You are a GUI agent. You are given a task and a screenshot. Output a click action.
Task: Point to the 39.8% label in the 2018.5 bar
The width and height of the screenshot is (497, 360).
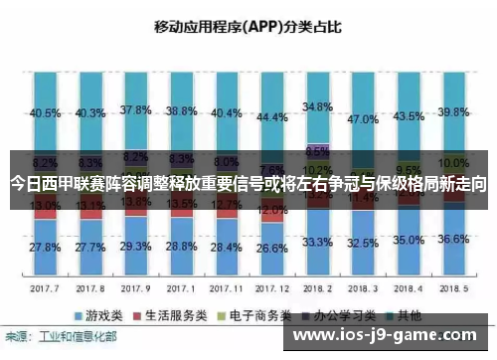[x=454, y=112]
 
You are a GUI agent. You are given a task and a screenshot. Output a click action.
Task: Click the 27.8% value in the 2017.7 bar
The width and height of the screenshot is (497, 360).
[x=44, y=247]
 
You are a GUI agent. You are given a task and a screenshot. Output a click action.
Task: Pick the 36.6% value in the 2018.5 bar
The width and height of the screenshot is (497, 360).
[x=454, y=239]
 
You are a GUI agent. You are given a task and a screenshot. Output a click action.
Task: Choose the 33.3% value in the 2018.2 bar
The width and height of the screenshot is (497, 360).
[x=317, y=242]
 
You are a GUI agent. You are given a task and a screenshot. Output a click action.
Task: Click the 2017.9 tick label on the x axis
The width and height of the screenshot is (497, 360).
[x=135, y=287]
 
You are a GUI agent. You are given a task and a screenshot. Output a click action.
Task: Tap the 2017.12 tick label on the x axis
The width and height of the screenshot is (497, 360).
[x=271, y=287]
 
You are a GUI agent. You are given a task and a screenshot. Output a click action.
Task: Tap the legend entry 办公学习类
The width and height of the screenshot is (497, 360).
[x=338, y=313]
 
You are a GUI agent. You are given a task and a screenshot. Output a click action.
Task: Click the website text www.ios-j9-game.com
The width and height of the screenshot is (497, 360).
[x=387, y=338]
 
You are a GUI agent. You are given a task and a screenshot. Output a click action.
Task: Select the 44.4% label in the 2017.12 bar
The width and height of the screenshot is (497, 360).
[x=271, y=117]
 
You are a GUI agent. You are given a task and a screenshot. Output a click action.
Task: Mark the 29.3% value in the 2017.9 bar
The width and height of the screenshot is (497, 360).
[x=135, y=246]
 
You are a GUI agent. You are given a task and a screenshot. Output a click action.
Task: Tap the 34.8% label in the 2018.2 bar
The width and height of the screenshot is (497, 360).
[x=317, y=106]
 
